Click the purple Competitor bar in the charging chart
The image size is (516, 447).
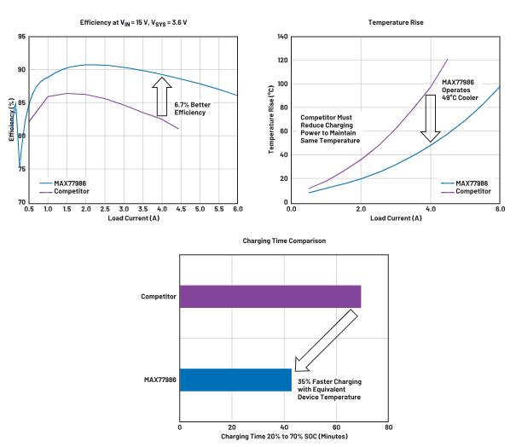pos(270,296)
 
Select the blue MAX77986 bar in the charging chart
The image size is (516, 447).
pos(235,380)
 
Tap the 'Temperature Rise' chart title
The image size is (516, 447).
pos(395,20)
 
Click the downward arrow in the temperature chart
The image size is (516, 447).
pos(431,118)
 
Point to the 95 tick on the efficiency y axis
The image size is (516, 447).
pos(19,37)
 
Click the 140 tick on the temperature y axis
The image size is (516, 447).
pos(281,38)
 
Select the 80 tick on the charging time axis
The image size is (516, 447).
pos(389,426)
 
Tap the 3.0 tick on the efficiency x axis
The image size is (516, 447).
pos(124,209)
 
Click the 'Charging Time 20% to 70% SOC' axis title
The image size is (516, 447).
pos(284,437)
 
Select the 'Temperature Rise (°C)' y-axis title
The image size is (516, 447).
pos(271,119)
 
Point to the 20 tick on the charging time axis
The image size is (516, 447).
pos(232,426)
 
